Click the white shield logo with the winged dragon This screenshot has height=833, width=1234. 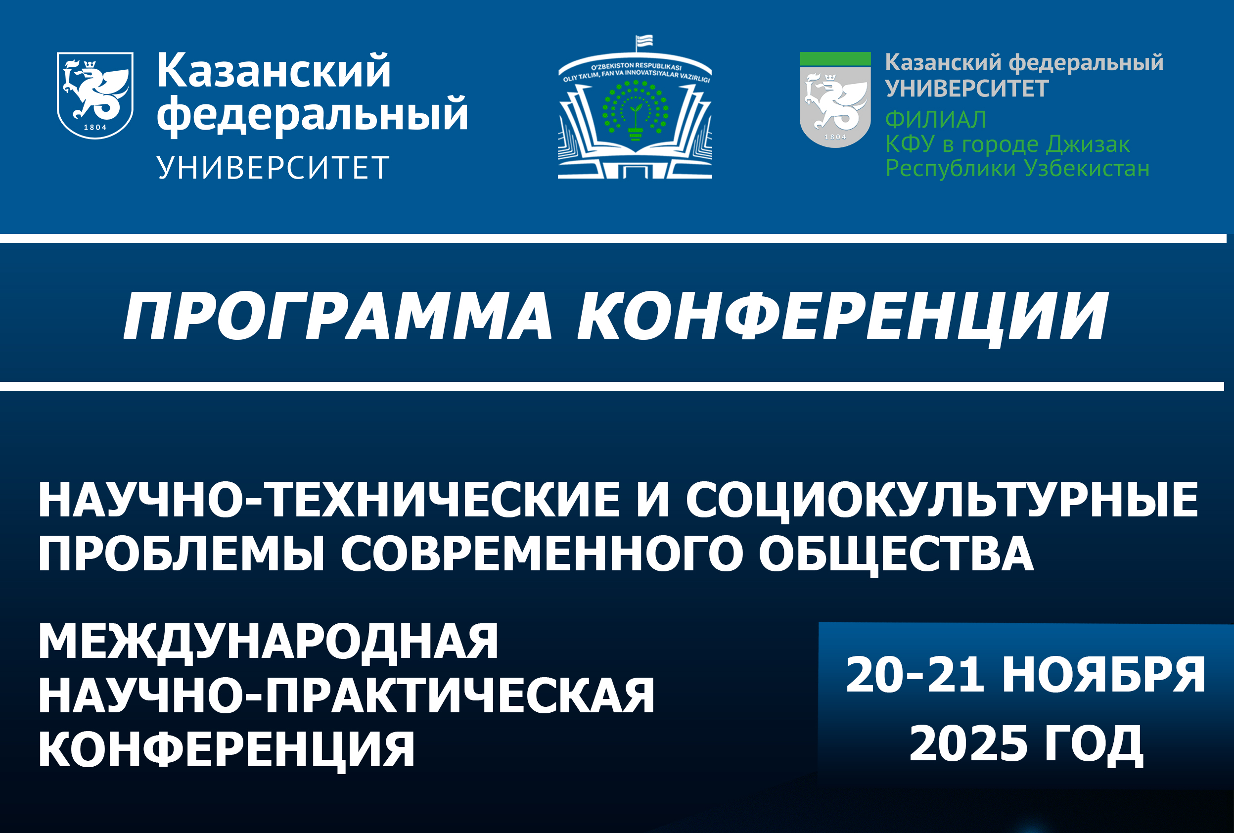(95, 95)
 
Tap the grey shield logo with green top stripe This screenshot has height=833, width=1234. (835, 100)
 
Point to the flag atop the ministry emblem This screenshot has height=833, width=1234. (644, 42)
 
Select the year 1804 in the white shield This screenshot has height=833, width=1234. (95, 128)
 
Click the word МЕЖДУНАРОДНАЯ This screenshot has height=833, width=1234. (269, 643)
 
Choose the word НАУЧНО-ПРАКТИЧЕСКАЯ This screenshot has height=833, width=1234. (347, 695)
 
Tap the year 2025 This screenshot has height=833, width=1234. (968, 744)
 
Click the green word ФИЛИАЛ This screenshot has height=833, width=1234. (936, 119)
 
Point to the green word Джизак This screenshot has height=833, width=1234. (1088, 145)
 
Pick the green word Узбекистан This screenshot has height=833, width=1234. (1087, 168)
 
